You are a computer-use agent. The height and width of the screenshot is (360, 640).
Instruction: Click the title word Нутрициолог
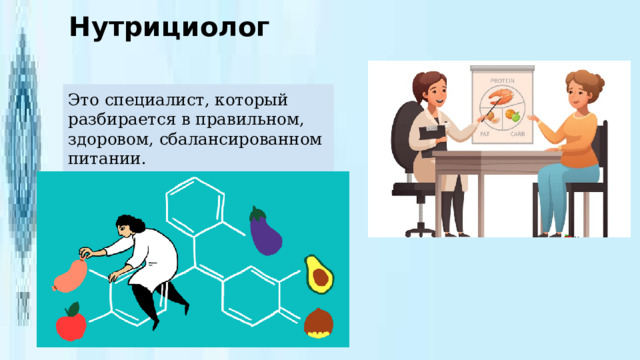tap(169, 27)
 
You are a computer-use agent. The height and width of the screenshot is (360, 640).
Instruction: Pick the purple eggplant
tap(266, 231)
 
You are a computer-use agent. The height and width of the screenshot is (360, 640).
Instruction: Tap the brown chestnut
tap(318, 323)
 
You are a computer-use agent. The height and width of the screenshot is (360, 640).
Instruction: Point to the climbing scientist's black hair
tap(127, 221)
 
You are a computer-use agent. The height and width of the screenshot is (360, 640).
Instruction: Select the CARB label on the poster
tap(518, 132)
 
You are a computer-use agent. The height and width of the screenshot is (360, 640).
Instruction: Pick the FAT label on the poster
tap(485, 132)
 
